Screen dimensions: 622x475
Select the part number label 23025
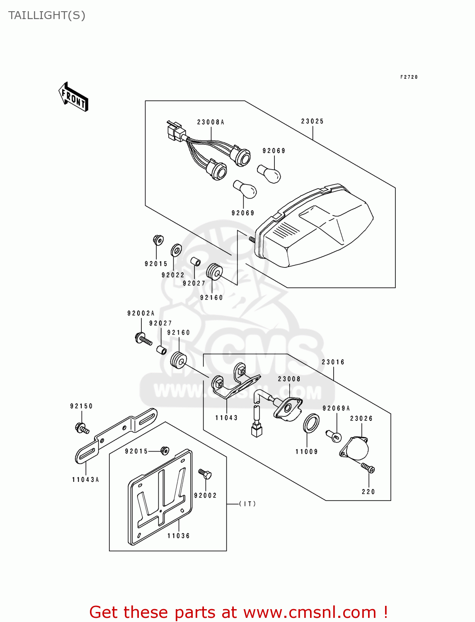click(x=312, y=121)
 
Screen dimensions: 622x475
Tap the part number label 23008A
click(x=211, y=122)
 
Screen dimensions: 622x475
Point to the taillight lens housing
click(x=315, y=228)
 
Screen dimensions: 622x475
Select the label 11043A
click(x=85, y=480)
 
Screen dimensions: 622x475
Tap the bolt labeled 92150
click(x=82, y=428)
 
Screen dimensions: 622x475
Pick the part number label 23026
click(x=361, y=418)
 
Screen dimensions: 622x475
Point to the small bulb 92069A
click(x=334, y=436)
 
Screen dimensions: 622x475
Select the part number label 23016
click(x=333, y=362)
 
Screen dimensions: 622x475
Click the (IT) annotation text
click(x=247, y=504)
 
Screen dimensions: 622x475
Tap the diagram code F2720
click(x=409, y=77)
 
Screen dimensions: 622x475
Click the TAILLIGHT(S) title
click(x=47, y=15)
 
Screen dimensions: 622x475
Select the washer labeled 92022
click(x=176, y=250)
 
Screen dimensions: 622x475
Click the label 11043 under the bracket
click(x=226, y=418)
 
